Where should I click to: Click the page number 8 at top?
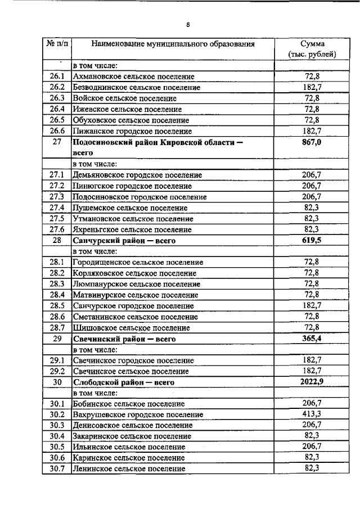[x=188, y=24]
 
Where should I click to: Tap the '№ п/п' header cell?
[x=57, y=44]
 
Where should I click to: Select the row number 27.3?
[x=57, y=197]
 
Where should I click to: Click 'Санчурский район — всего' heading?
[x=125, y=241]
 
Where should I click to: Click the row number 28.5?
[x=57, y=306]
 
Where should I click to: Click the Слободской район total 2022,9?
[x=312, y=382]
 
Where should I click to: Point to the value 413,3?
[x=312, y=415]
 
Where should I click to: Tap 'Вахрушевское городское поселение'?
[x=138, y=415]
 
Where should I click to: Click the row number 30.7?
[x=57, y=468]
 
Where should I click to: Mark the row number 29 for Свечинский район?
[x=57, y=339]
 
